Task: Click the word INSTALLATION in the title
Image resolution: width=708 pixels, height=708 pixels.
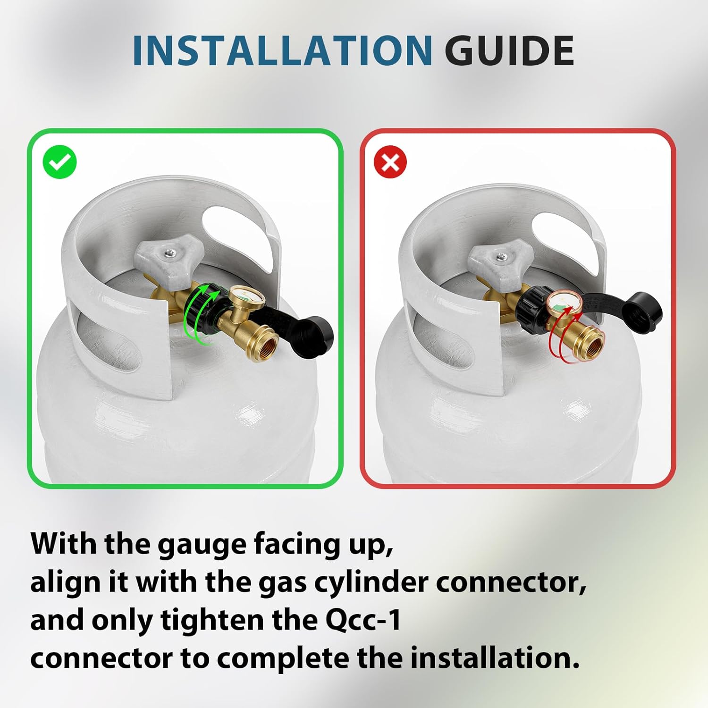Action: click(282, 51)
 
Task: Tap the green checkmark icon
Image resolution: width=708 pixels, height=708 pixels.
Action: click(59, 162)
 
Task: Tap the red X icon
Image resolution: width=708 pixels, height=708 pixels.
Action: click(390, 162)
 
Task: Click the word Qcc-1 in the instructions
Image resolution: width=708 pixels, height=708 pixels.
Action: click(363, 620)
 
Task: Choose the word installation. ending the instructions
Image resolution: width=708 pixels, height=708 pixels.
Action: click(495, 657)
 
